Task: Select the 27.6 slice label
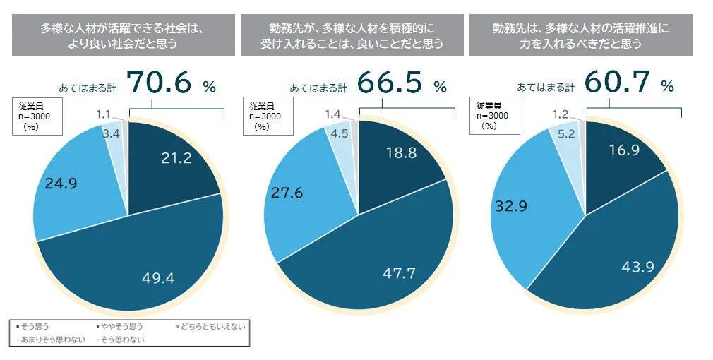[x=287, y=193]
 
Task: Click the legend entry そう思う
[x=32, y=326]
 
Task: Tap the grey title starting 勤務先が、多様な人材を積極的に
[x=352, y=36]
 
